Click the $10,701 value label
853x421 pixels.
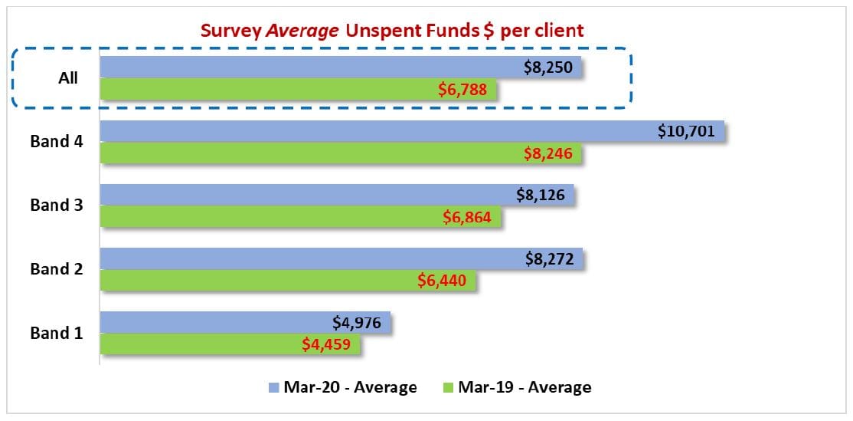pyautogui.click(x=686, y=131)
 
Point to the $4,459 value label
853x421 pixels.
pyautogui.click(x=325, y=344)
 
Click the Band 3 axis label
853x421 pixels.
pyautogui.click(x=55, y=205)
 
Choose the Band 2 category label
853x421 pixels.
pyautogui.click(x=55, y=268)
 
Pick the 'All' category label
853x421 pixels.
pyautogui.click(x=68, y=77)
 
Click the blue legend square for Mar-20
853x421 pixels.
pyautogui.click(x=273, y=387)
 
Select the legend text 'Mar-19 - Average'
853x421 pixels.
pyautogui.click(x=525, y=387)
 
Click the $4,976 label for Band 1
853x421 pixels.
pyautogui.click(x=358, y=322)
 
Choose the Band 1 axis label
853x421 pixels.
pyautogui.click(x=55, y=333)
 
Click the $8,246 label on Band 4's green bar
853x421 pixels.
pyautogui.click(x=549, y=153)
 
